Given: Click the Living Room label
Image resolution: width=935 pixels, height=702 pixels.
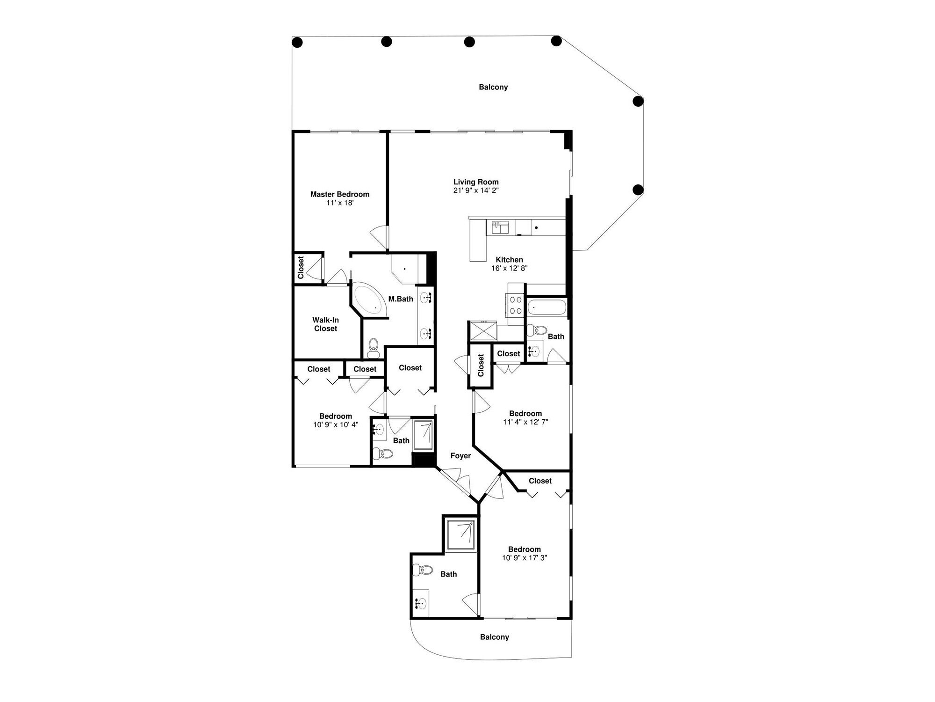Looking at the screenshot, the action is point(476,182).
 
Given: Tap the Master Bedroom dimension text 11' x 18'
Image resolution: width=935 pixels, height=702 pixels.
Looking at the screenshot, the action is point(340,203).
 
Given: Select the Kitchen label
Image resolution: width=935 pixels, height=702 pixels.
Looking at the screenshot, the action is point(510,260).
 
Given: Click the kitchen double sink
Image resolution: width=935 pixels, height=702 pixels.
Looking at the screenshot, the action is point(500,228).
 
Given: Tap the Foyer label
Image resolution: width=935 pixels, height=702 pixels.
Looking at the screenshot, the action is point(460,456).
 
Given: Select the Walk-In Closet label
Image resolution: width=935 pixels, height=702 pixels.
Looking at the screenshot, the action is point(326,324).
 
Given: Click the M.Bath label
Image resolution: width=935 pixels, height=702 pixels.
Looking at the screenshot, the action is point(401,299).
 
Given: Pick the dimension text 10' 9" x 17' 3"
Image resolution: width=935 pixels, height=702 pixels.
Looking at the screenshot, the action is point(525,558).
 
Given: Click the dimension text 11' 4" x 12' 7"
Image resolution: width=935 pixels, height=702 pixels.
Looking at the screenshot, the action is point(525,422).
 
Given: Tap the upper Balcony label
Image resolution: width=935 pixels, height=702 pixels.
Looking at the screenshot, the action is point(493,87).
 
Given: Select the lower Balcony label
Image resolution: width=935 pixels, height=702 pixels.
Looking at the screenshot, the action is point(495,637).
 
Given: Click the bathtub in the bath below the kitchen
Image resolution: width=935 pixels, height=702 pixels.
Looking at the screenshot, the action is point(547,308).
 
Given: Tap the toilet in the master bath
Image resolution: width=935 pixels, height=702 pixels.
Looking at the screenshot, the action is point(374,347).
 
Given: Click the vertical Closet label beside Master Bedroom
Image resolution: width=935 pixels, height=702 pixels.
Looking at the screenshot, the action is point(301,267).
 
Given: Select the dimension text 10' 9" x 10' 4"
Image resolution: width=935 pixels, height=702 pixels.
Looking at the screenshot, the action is point(336,425).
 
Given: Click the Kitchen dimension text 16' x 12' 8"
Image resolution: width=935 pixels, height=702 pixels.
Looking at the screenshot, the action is point(510,268).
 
